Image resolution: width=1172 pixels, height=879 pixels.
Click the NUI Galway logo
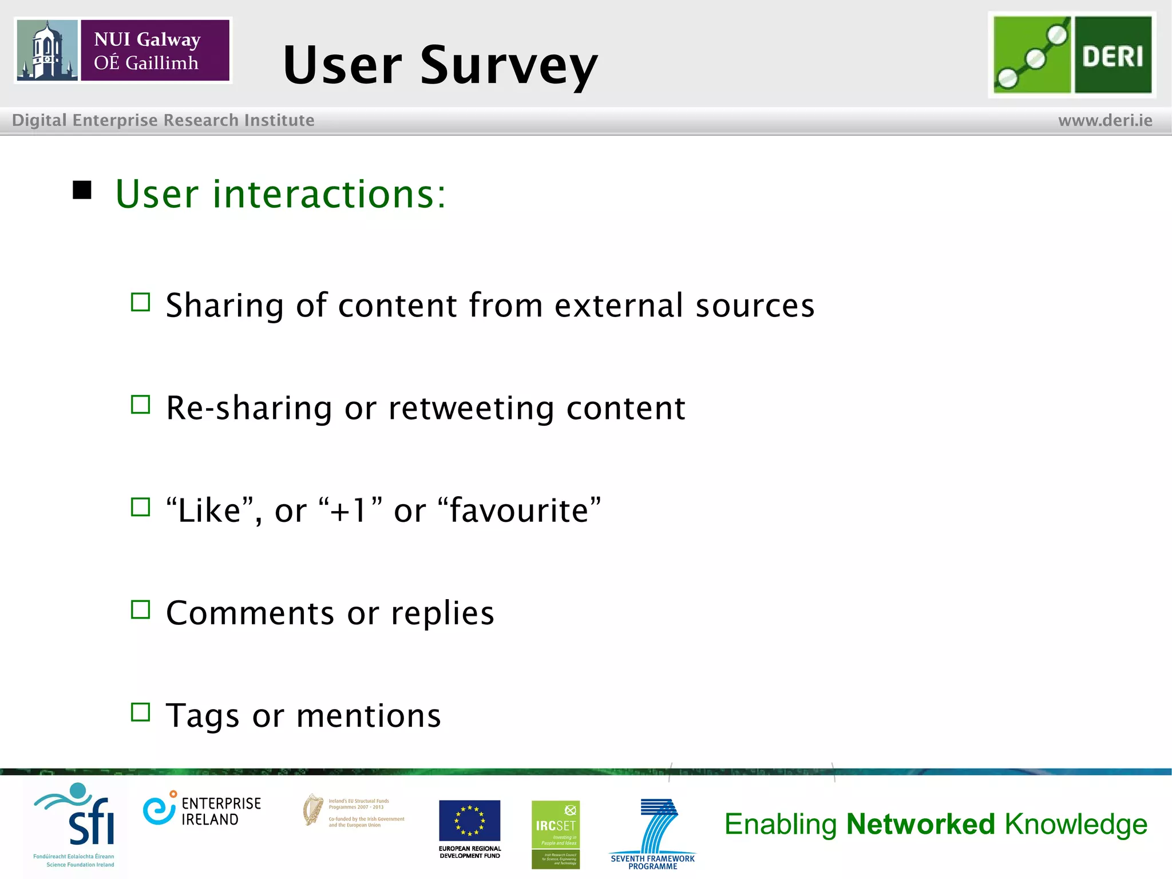(x=123, y=50)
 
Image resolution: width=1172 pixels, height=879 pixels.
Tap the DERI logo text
(x=1112, y=56)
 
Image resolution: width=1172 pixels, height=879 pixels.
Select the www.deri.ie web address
(x=1105, y=120)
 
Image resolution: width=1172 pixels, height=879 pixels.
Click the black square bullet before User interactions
(x=82, y=190)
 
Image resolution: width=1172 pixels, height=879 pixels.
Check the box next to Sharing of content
(x=140, y=302)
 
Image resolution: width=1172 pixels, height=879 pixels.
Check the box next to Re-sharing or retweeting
(x=140, y=405)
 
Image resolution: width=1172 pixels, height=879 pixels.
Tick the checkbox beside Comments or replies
(x=140, y=610)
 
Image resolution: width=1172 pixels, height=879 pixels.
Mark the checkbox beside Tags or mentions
(x=140, y=712)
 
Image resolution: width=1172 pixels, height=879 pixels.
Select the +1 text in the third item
(x=349, y=510)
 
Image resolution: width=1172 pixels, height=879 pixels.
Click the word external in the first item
(x=619, y=306)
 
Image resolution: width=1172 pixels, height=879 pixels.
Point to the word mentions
(x=369, y=716)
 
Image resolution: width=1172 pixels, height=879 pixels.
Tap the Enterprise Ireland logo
(x=202, y=810)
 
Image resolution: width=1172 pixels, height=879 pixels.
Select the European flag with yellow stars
(x=469, y=820)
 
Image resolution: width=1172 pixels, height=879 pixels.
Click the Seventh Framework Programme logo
(x=653, y=833)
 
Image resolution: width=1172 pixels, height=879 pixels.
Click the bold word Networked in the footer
(x=920, y=824)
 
